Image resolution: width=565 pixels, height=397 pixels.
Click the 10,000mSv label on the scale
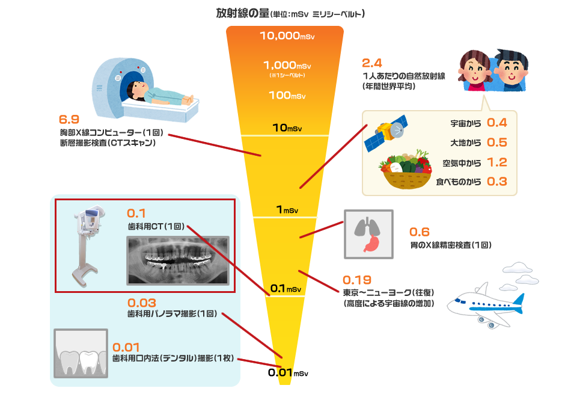(287, 36)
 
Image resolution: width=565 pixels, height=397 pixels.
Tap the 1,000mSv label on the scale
(287, 65)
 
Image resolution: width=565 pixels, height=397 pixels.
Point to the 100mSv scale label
(287, 96)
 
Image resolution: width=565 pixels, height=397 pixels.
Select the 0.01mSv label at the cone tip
(287, 373)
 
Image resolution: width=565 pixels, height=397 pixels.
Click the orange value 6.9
(69, 120)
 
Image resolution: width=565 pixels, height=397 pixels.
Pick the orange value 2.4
(372, 63)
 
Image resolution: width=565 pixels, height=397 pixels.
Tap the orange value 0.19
(357, 280)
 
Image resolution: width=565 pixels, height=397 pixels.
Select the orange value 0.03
(142, 303)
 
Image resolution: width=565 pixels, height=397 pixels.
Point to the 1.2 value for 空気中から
(496, 162)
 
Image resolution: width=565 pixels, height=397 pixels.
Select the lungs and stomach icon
(368, 234)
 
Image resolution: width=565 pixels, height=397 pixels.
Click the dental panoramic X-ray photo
(177, 259)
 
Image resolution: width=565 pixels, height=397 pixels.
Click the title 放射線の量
(242, 13)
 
